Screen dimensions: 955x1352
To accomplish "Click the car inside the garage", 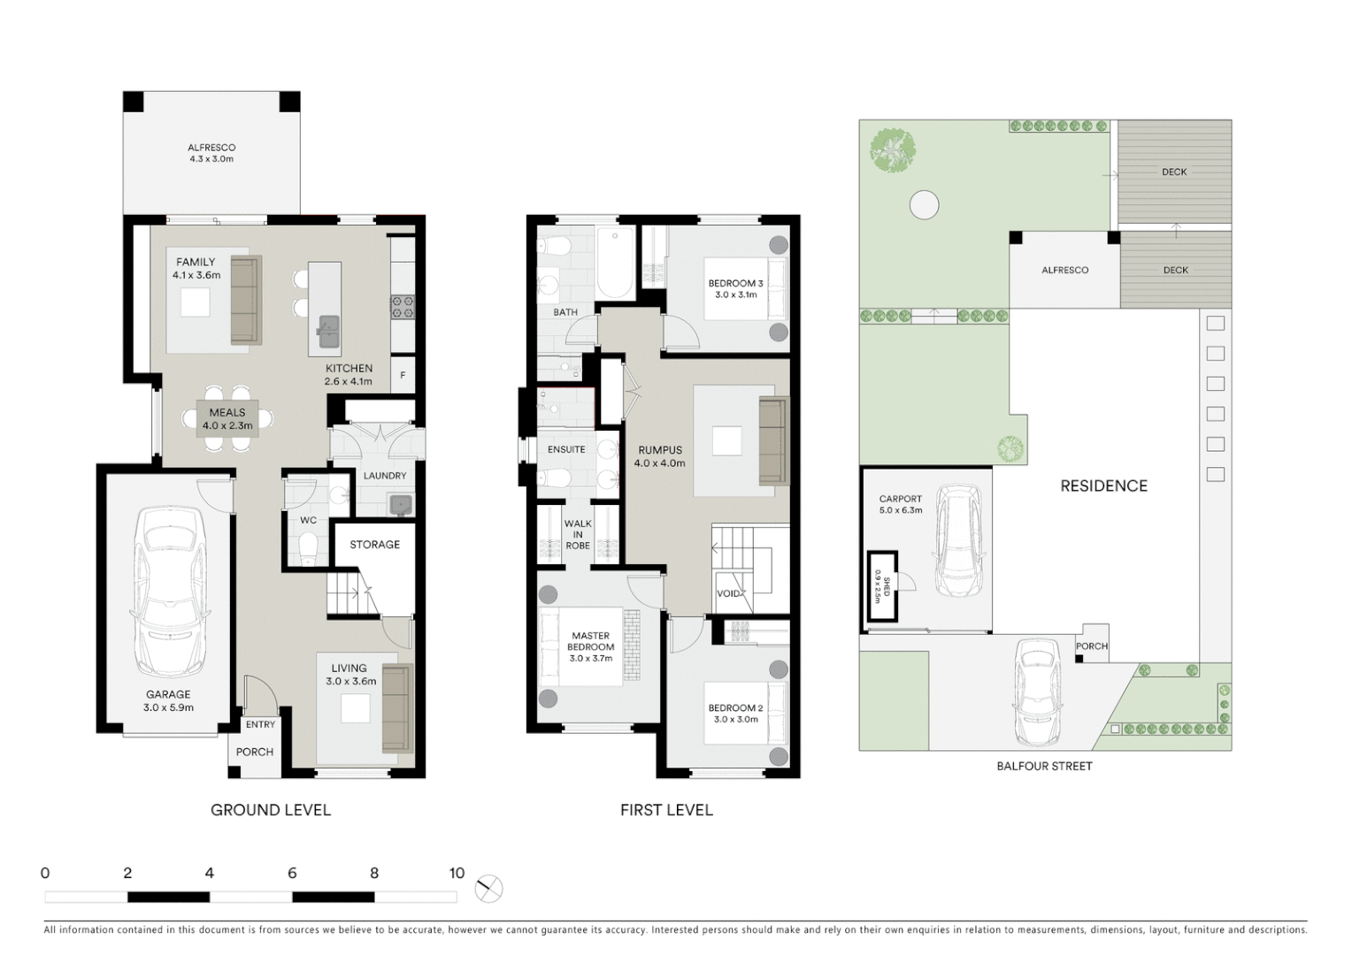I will [169, 591].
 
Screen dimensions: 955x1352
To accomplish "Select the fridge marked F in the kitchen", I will [403, 375].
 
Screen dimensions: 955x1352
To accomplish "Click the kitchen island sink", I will [327, 332].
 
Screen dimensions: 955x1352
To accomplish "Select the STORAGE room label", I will [374, 545].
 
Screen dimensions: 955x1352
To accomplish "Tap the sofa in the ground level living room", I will [396, 708].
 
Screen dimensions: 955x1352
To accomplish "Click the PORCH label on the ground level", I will [254, 752].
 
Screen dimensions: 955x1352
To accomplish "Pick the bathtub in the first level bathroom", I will [614, 263].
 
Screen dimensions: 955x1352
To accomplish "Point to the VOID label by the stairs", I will [728, 593].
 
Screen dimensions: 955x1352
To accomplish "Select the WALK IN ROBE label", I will [578, 534].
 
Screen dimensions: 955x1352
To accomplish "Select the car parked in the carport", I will [958, 539].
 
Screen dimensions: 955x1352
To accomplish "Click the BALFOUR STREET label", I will [1044, 766].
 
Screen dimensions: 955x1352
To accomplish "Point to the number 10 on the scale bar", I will [457, 873].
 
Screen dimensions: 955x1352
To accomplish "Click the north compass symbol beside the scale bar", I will [488, 888].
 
